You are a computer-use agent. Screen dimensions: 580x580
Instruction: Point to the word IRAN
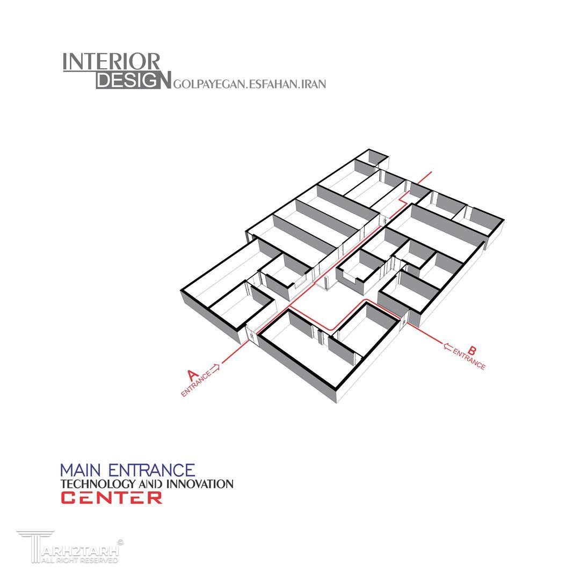[x=314, y=84]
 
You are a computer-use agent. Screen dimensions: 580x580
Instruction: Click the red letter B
[x=472, y=350]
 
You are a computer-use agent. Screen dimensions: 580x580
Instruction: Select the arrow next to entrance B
[x=448, y=346]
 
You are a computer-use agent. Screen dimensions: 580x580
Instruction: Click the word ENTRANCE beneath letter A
[x=196, y=384]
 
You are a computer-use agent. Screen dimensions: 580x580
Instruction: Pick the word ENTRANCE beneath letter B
[x=469, y=359]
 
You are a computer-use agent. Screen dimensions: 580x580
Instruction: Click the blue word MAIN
[x=80, y=470]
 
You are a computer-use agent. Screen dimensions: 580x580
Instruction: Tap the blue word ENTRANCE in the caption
[x=151, y=470]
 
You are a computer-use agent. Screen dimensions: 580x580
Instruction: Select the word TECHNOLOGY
[x=98, y=484]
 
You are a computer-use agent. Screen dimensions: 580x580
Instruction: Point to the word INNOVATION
[x=200, y=484]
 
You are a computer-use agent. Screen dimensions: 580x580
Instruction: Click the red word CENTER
[x=111, y=498]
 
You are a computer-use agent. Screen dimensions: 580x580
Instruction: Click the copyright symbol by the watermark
[x=120, y=542]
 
